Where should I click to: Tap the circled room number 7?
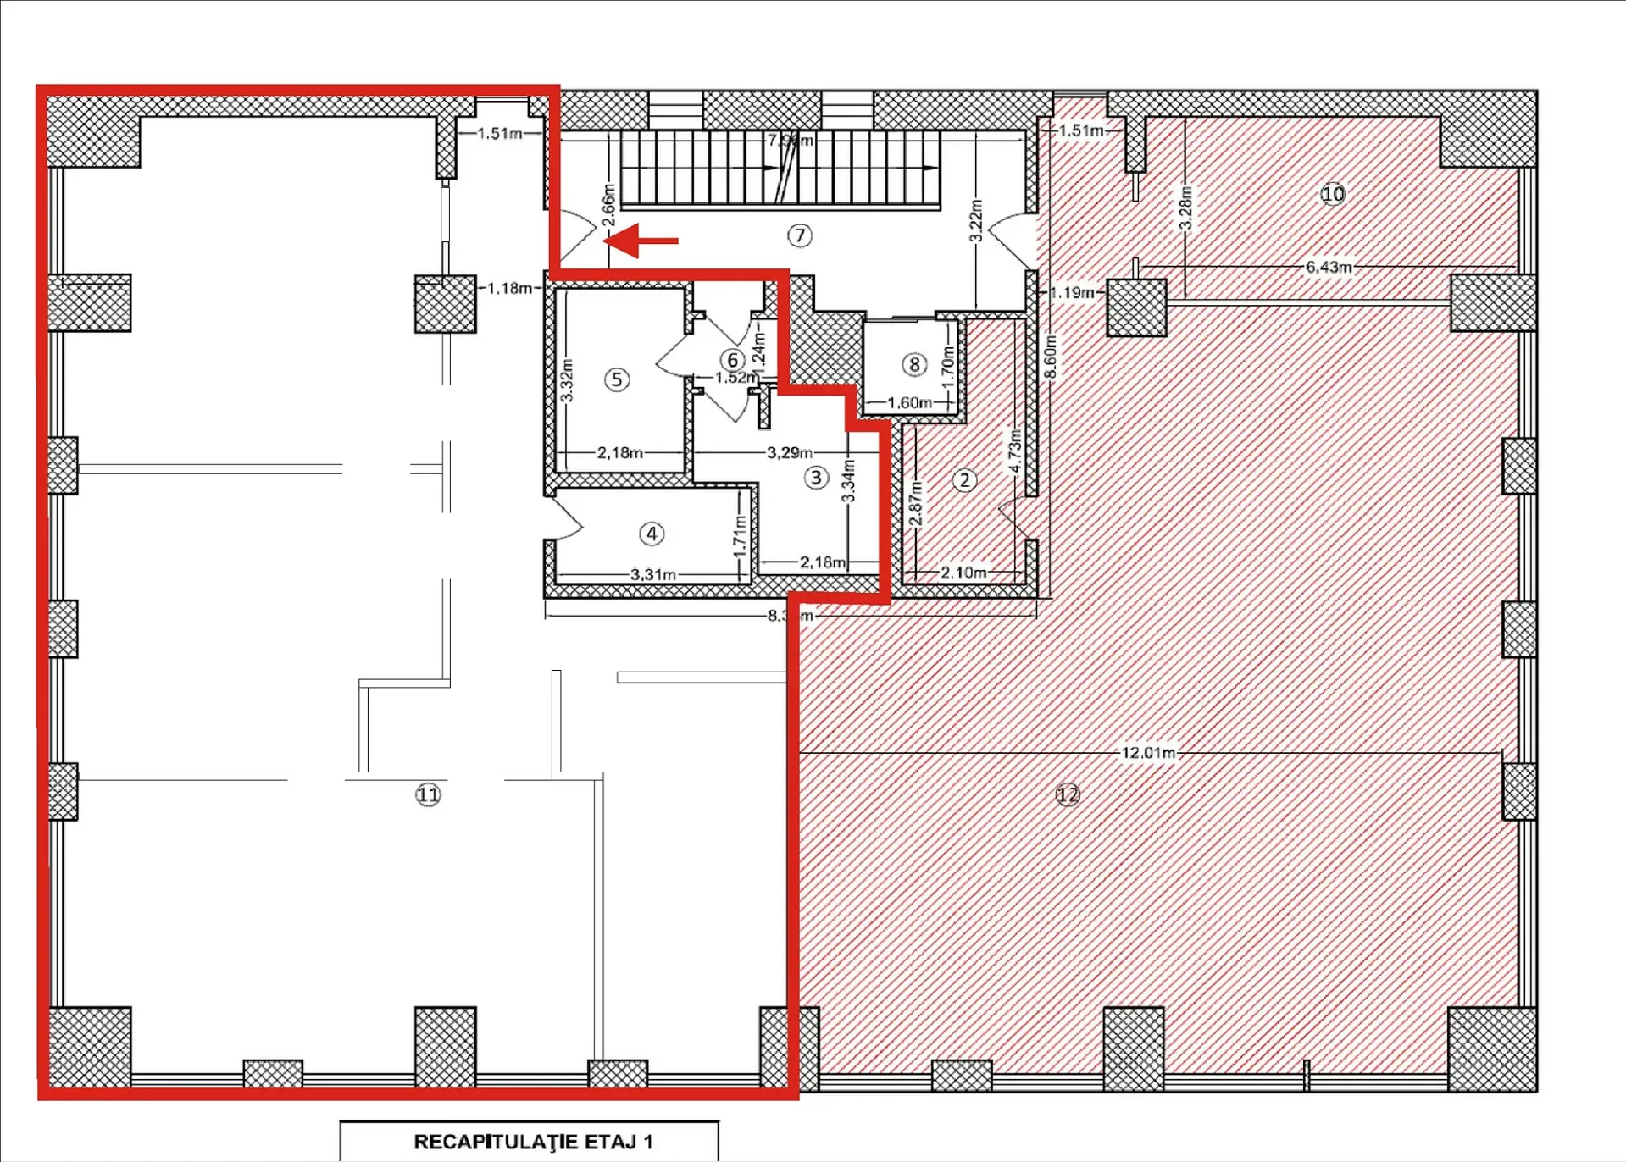800,235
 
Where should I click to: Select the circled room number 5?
617,379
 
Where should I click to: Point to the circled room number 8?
913,364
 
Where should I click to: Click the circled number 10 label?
1333,194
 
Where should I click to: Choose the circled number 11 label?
428,794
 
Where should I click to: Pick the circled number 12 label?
1068,794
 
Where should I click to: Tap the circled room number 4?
652,534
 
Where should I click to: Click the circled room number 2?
964,480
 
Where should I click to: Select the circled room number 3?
816,478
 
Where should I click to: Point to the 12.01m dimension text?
1148,752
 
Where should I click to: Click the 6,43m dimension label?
1328,267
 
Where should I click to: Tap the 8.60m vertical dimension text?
1051,357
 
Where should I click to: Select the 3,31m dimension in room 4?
652,574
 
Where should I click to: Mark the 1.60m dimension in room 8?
909,402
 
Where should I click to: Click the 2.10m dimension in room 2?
963,573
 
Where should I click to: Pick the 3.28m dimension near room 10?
1186,207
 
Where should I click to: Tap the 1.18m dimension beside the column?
509,288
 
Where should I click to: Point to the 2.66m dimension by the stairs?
608,205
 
